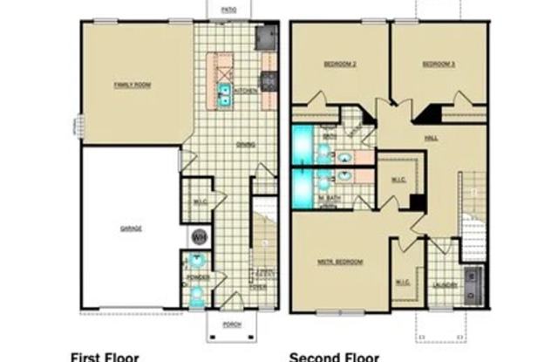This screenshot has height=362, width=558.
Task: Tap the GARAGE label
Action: pyautogui.click(x=131, y=229)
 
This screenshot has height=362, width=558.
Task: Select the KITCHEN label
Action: pyautogui.click(x=244, y=91)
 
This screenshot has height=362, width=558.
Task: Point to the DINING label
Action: pyautogui.click(x=245, y=145)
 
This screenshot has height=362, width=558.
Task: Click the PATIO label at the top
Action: pyautogui.click(x=228, y=9)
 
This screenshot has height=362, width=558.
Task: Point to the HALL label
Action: pyautogui.click(x=430, y=137)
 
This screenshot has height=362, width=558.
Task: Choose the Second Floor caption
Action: pyautogui.click(x=334, y=355)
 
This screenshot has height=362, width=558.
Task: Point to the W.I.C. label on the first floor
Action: pyautogui.click(x=199, y=202)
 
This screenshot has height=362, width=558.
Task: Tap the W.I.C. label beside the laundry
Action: pyautogui.click(x=403, y=282)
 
